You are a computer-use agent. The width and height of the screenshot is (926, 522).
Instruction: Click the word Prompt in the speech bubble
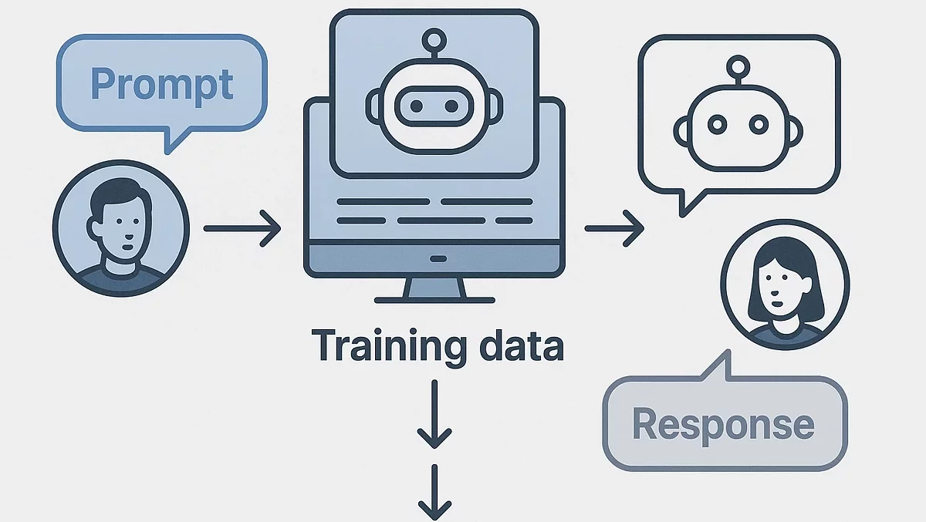pos(162,83)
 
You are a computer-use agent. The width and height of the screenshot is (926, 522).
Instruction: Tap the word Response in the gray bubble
pos(723,424)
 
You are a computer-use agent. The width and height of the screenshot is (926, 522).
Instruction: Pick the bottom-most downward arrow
pos(434,493)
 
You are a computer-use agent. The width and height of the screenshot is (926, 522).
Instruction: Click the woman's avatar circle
pos(785,286)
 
